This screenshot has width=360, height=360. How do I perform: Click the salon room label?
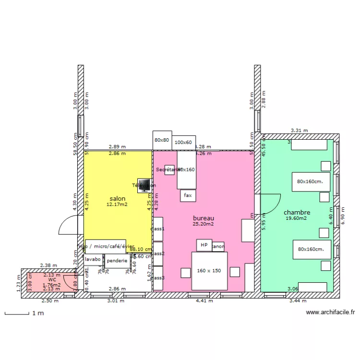pyautogui.click(x=118, y=199)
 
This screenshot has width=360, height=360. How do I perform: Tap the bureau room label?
pyautogui.click(x=203, y=218)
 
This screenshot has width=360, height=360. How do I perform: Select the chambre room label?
pyautogui.click(x=297, y=213)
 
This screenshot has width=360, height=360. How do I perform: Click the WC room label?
pyautogui.click(x=52, y=279)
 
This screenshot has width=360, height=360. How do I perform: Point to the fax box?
pyautogui.click(x=188, y=195)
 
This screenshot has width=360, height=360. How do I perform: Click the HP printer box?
pyautogui.click(x=204, y=245)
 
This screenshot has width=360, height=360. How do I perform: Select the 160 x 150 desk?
pyautogui.click(x=209, y=271)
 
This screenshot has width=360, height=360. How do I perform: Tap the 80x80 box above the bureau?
pyautogui.click(x=162, y=140)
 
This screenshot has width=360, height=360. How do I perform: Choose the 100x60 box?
pyautogui.click(x=183, y=143)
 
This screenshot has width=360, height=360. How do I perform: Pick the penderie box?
pyautogui.click(x=117, y=261)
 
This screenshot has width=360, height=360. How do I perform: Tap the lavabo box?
pyautogui.click(x=93, y=259)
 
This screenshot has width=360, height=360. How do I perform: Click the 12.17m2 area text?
pyautogui.click(x=117, y=204)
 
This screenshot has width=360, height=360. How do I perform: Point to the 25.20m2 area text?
pyautogui.click(x=203, y=224)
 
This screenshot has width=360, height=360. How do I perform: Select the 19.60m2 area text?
pyautogui.click(x=296, y=218)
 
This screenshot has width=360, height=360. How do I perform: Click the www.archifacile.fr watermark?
pyautogui.click(x=331, y=312)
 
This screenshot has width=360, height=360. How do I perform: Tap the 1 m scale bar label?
pyautogui.click(x=38, y=313)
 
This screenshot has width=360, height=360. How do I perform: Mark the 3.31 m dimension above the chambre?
pyautogui.click(x=300, y=130)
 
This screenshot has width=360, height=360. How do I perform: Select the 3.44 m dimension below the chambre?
pyautogui.click(x=298, y=301)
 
